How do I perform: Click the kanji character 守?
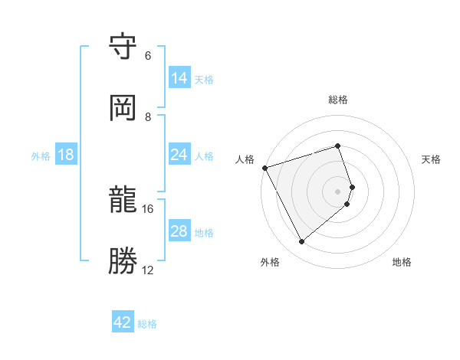123,47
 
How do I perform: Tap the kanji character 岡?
123,108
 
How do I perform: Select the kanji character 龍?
123,201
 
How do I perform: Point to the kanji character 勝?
123,261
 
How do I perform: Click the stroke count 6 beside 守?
148,56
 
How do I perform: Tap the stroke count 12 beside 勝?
148,270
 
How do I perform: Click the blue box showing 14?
179,78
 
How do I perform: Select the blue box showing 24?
179,155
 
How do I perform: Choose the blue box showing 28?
179,231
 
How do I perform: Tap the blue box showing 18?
66,155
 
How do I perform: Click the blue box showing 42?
123,322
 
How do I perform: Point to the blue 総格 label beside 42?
147,324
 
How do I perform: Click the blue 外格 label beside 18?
41,156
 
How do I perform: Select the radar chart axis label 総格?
338,100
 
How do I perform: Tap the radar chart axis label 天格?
432,159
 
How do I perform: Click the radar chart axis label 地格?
402,262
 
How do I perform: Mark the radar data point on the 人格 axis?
264,167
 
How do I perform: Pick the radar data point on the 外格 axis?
301,241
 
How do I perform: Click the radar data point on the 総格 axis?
338,146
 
